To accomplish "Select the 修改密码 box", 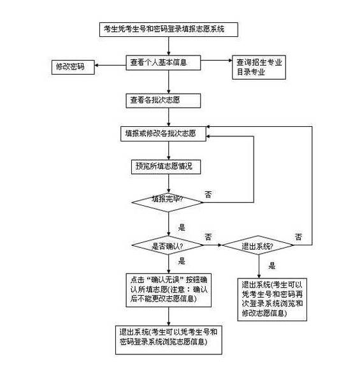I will click(71, 67).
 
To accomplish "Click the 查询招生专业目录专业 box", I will click(259, 67).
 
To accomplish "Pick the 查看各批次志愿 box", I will click(163, 100).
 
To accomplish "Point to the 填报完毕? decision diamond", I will click(168, 199).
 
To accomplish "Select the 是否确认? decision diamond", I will click(168, 245).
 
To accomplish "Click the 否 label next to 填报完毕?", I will click(208, 193).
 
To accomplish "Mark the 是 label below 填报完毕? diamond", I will click(181, 228).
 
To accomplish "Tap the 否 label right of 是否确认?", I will click(208, 236).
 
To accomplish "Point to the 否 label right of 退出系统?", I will click(299, 237).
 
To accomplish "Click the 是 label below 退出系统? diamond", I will click(272, 266).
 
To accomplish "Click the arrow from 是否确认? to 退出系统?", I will click(213, 245).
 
